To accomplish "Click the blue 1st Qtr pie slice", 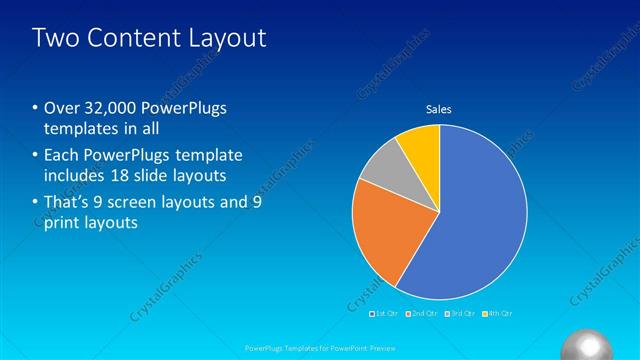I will pyautogui.click(x=480, y=220).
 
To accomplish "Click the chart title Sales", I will pyautogui.click(x=439, y=109).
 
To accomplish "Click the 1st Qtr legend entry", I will pyautogui.click(x=384, y=314).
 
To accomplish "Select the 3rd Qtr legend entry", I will pyautogui.click(x=459, y=314).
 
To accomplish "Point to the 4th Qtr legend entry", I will pyautogui.click(x=497, y=314).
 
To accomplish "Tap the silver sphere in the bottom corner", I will pyautogui.click(x=590, y=345).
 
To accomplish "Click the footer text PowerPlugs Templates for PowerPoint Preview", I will pyautogui.click(x=319, y=347).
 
